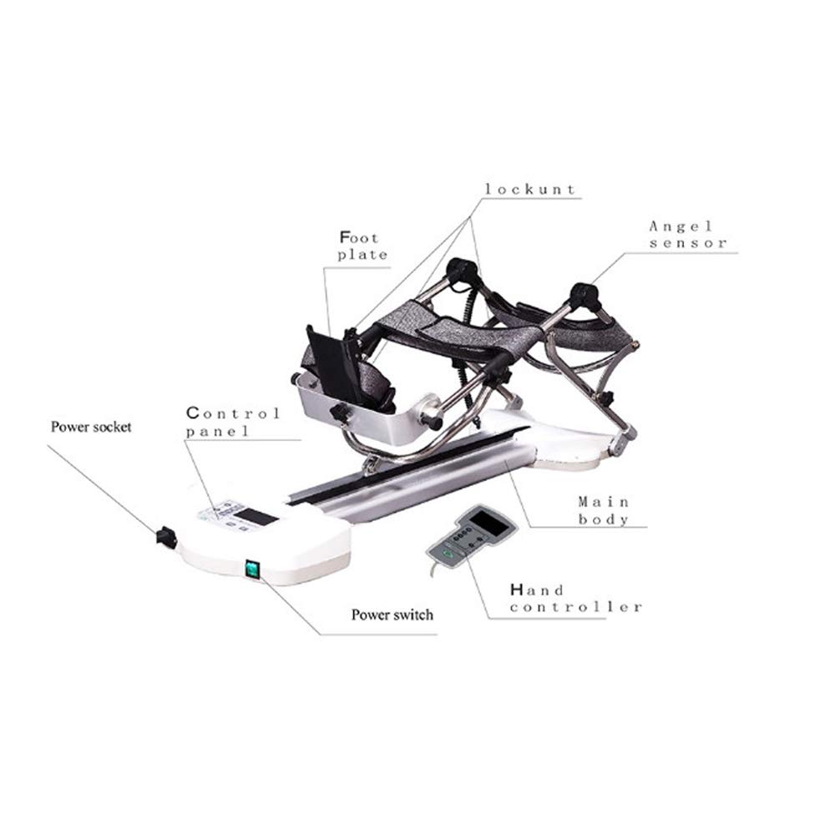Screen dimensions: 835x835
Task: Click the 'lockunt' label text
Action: pos(531,190)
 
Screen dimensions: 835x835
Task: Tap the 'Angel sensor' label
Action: pos(687,235)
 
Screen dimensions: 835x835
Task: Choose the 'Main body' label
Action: pos(604,510)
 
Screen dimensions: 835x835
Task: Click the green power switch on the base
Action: pos(250,569)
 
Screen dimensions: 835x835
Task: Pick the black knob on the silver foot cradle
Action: pos(339,412)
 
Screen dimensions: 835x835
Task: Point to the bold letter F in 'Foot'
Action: pos(344,237)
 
